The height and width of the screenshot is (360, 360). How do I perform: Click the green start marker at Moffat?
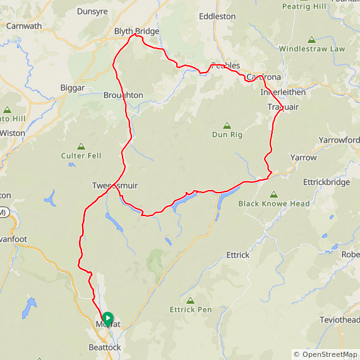coord(107,318)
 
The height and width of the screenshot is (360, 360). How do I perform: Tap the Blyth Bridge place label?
coord(136,31)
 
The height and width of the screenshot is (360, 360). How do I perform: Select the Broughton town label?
coord(123,95)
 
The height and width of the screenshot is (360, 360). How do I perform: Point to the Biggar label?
coord(73,87)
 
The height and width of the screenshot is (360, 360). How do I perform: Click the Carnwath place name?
coord(23,27)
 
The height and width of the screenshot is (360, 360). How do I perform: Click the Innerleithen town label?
coord(283,92)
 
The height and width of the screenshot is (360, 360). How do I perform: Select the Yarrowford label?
coord(340,140)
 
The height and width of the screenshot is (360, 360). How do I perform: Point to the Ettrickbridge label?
coord(327,182)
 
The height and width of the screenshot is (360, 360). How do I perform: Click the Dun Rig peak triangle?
coord(227,125)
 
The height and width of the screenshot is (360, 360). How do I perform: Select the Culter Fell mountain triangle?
coord(81,146)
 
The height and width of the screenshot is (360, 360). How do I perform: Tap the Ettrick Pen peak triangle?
coord(191,300)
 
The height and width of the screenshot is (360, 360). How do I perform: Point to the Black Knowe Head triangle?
coord(274,195)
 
